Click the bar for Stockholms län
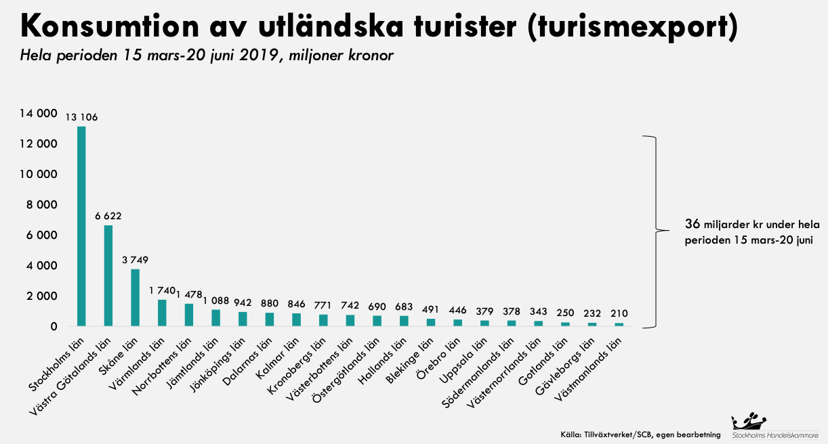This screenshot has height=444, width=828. click(x=81, y=226)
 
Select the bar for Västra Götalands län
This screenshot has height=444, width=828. click(x=108, y=275)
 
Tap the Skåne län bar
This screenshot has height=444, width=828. click(x=135, y=298)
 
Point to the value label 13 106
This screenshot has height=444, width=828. click(x=81, y=117)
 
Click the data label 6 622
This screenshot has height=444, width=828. click(x=108, y=216)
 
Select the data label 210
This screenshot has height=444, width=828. click(x=619, y=313)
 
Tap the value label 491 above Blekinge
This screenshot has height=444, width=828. click(x=431, y=309)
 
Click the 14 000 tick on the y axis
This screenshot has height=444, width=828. click(x=39, y=114)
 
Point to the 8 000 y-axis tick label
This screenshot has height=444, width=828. click(x=41, y=205)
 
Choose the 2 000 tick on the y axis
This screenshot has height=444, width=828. click(x=41, y=296)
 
